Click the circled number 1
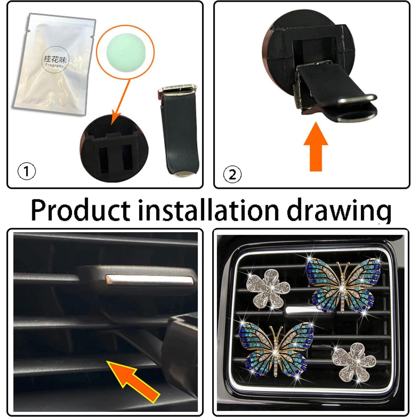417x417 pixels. pos(27,171)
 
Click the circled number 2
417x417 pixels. pos(232,174)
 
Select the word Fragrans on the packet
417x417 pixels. pos(54,65)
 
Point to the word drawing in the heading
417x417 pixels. pos(339,210)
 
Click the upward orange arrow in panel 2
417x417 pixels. pos(316,148)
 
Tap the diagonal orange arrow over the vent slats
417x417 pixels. pos(134,379)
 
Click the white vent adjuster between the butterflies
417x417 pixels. pos(298,310)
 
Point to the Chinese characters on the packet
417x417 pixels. pos(55,59)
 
